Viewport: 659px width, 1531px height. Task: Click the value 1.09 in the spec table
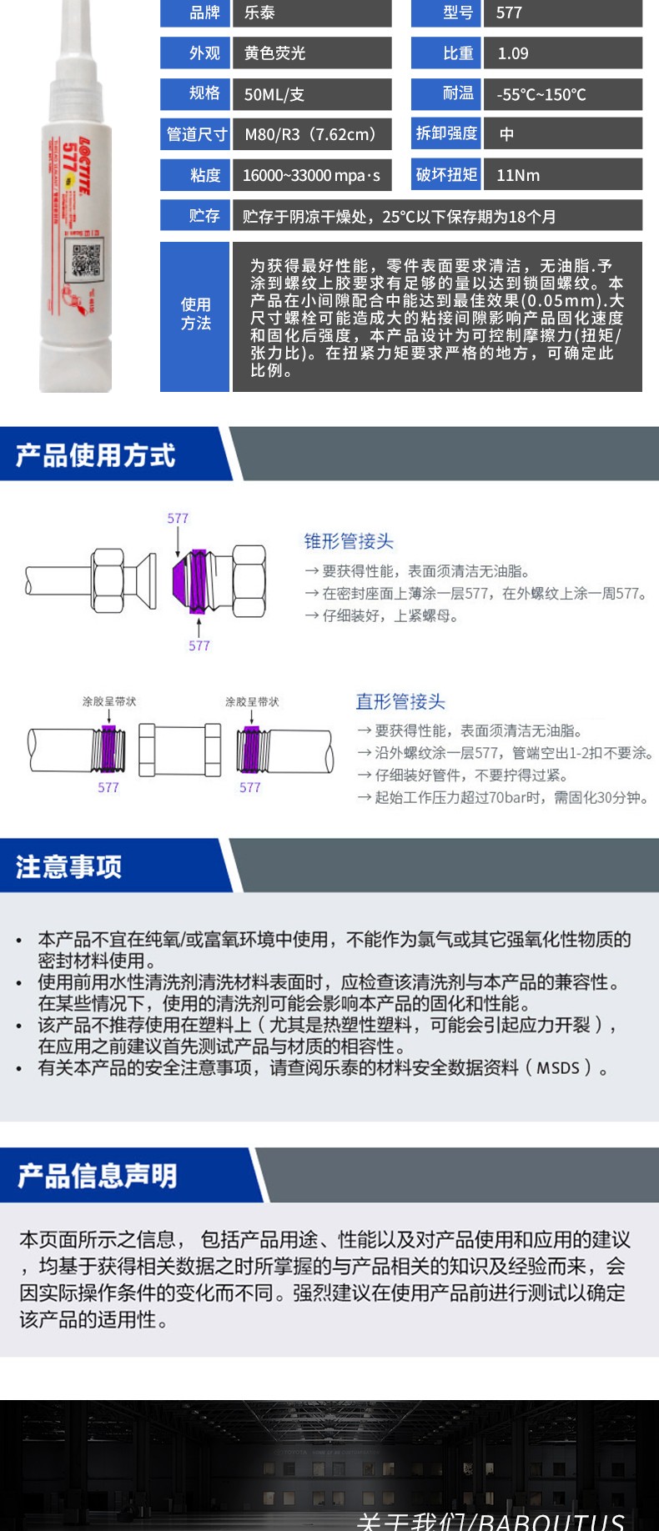(513, 53)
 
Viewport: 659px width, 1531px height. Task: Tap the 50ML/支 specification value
(274, 94)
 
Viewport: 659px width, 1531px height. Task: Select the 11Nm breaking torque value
(518, 175)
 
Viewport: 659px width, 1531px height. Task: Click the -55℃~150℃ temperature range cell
(541, 94)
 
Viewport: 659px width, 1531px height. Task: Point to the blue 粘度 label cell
(195, 175)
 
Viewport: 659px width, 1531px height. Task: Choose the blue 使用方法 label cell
(195, 314)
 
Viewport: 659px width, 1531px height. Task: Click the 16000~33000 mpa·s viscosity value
(311, 175)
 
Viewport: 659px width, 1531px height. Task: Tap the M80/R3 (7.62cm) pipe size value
(310, 134)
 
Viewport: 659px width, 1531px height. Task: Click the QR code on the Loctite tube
(87, 258)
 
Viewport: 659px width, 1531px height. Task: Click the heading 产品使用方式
(95, 455)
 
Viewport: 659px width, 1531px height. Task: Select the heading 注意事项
(69, 867)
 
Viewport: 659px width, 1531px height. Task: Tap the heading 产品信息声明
(98, 1176)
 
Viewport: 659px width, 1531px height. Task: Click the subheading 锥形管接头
(349, 541)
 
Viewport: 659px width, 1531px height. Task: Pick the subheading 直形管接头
(400, 701)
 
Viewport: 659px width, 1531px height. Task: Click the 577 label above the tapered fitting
(178, 519)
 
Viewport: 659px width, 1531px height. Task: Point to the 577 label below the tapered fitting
(199, 645)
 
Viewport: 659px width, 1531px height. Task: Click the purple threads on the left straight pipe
(108, 748)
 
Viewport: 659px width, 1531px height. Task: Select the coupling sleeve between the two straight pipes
(179, 748)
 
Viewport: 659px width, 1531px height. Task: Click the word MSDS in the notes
(558, 1068)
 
